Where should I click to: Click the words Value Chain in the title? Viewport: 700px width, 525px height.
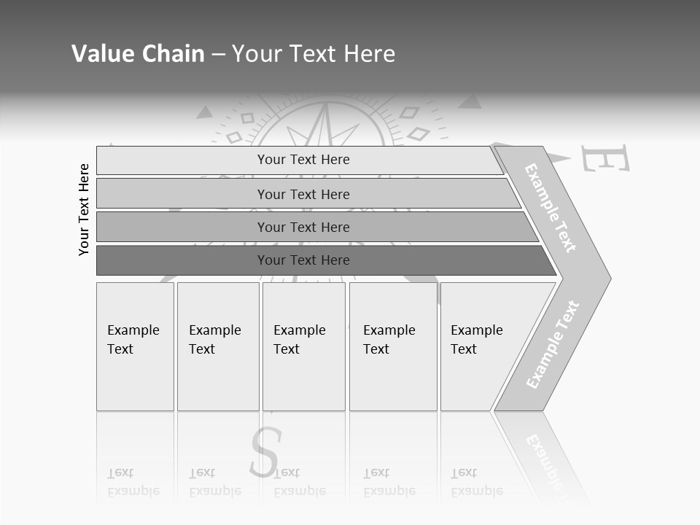[x=138, y=54]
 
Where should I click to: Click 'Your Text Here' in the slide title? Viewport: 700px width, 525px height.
[x=314, y=54]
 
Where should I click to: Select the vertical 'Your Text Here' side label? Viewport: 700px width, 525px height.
[x=84, y=210]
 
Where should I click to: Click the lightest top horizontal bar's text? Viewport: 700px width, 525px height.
[x=303, y=160]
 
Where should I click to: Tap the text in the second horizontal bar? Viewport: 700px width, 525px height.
[x=303, y=195]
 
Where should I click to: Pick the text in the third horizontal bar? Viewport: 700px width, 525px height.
[x=303, y=227]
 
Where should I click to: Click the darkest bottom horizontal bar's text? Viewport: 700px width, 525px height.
[x=303, y=260]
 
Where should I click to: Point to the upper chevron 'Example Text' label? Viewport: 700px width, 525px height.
[x=551, y=209]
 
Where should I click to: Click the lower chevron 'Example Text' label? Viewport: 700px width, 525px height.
[x=552, y=345]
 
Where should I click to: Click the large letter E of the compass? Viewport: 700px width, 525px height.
[x=604, y=159]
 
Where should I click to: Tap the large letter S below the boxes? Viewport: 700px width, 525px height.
[x=264, y=452]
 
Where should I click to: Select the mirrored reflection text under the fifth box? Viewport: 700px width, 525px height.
[x=476, y=482]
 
